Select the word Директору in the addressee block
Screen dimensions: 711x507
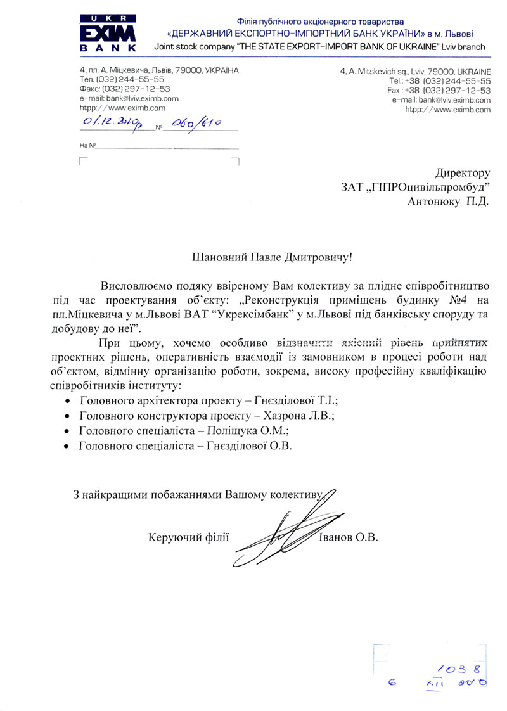(x=463, y=172)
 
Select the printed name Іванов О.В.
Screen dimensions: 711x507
(x=346, y=538)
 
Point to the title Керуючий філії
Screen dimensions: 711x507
(x=187, y=538)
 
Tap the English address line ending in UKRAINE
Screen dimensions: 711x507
(x=415, y=72)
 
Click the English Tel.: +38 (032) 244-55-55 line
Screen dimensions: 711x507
(x=440, y=82)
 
